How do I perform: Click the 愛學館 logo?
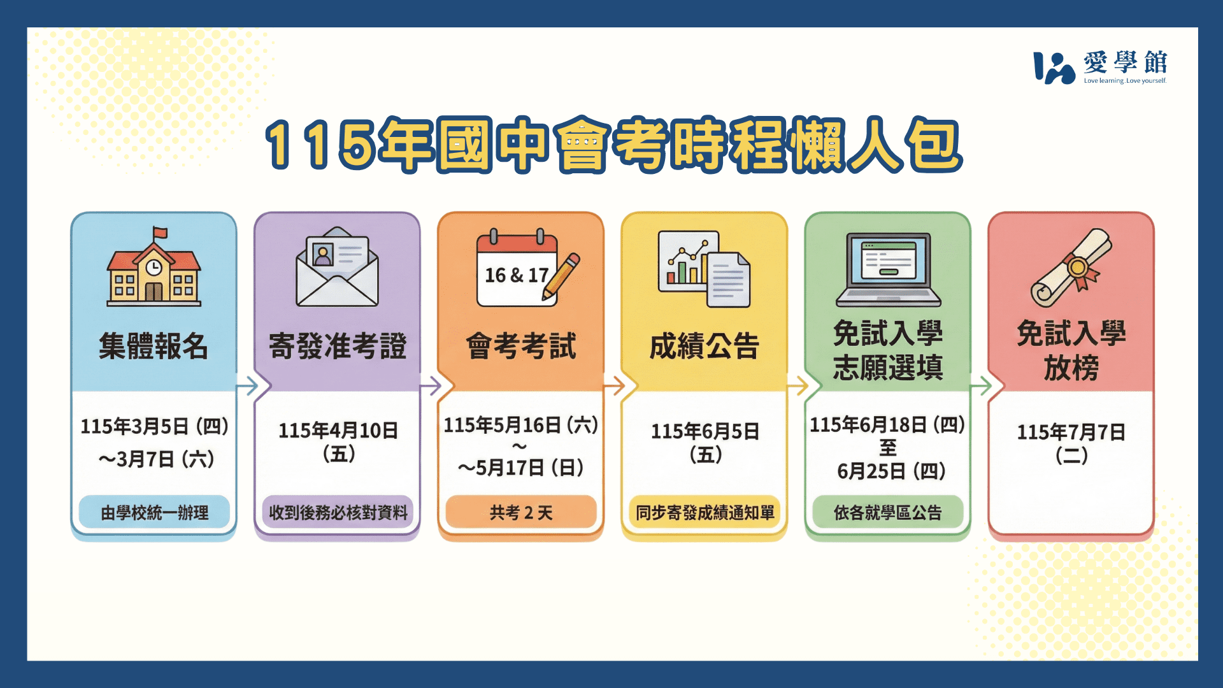(x=1100, y=67)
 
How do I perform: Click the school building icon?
(x=154, y=267)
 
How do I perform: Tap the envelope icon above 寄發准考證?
(x=337, y=267)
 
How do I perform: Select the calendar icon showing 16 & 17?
(x=517, y=268)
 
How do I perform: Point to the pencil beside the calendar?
(x=561, y=276)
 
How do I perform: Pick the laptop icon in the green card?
(x=888, y=269)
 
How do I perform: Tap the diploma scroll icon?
(x=1071, y=268)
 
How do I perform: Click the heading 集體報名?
(x=154, y=346)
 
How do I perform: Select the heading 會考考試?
(x=520, y=346)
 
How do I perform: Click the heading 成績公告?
(x=704, y=346)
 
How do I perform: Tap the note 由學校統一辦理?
(x=154, y=512)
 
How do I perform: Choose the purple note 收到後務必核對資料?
(x=338, y=512)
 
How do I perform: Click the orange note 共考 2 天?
(x=521, y=512)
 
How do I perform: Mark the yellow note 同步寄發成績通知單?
(x=704, y=512)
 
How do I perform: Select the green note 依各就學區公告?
(x=888, y=512)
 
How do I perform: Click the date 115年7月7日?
(x=1071, y=432)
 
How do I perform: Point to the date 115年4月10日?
(x=338, y=431)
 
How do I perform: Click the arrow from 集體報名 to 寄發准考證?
(x=247, y=385)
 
